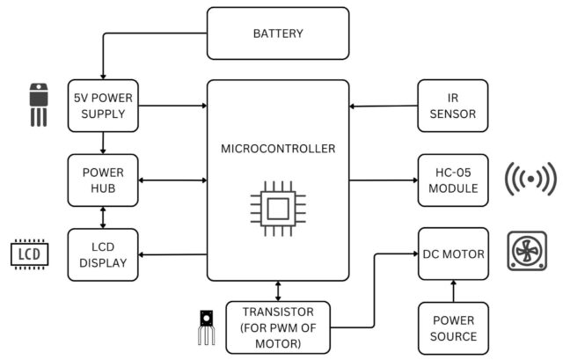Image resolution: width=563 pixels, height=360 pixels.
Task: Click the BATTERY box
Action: pyautogui.click(x=278, y=34)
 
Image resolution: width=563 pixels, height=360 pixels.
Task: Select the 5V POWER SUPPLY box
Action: pyautogui.click(x=103, y=106)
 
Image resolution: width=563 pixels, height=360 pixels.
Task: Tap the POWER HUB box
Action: pyautogui.click(x=103, y=180)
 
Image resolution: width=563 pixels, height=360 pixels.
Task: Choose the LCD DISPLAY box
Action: pyautogui.click(x=103, y=254)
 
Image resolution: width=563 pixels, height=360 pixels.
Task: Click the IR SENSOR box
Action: pyautogui.click(x=452, y=106)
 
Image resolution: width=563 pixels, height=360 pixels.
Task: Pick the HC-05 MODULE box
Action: pyautogui.click(x=452, y=180)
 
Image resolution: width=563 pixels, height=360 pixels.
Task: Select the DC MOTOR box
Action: pyautogui.click(x=452, y=254)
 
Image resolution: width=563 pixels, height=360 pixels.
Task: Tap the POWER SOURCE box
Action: pyautogui.click(x=452, y=327)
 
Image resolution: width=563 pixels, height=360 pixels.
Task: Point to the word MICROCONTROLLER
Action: pyautogui.click(x=278, y=149)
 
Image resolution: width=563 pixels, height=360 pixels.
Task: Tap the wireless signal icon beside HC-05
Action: pyautogui.click(x=530, y=180)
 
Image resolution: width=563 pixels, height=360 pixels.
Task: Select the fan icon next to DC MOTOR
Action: pyautogui.click(x=529, y=253)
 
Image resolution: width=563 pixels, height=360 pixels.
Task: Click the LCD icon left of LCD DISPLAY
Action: pyautogui.click(x=29, y=254)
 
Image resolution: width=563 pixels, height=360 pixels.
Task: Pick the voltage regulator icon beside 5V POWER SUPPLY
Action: pyautogui.click(x=37, y=104)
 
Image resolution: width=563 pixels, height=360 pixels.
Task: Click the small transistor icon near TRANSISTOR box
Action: pyautogui.click(x=206, y=326)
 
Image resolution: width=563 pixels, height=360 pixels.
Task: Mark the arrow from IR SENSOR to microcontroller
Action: pyautogui.click(x=383, y=107)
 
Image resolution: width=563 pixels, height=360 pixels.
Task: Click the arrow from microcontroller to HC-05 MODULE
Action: pyautogui.click(x=383, y=180)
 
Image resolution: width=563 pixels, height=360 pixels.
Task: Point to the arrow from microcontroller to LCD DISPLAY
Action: pyautogui.click(x=172, y=254)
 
